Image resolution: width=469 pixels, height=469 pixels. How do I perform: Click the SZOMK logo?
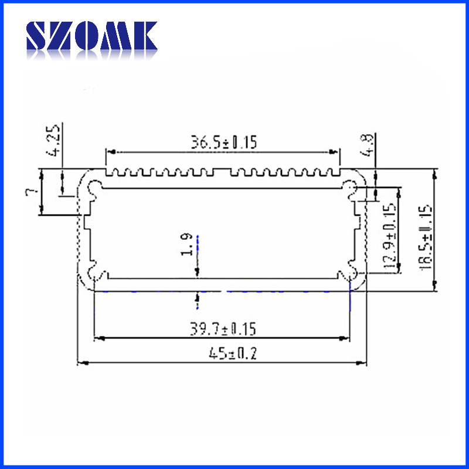tap(91, 36)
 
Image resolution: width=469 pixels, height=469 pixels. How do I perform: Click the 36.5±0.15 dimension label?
tap(224, 142)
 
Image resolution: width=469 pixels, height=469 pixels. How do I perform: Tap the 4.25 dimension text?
tap(53, 141)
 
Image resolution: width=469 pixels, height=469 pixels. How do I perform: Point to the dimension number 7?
tap(32, 191)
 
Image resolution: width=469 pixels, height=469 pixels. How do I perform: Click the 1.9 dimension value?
tap(186, 244)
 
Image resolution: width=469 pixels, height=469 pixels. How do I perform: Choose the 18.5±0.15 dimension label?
tap(426, 238)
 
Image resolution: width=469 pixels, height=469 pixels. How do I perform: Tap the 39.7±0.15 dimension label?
tap(223, 329)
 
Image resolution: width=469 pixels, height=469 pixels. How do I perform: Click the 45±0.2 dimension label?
tap(233, 354)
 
